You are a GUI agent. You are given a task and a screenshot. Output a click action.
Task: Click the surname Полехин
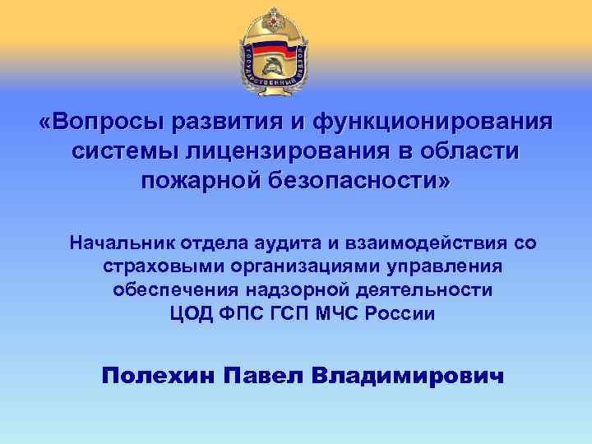point(154,376)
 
